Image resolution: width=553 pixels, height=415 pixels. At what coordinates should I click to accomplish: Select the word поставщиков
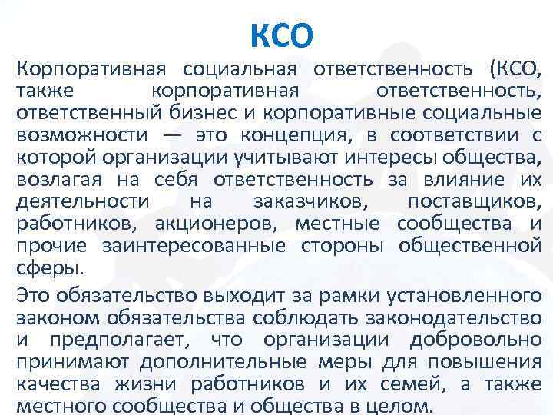tap(474, 202)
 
